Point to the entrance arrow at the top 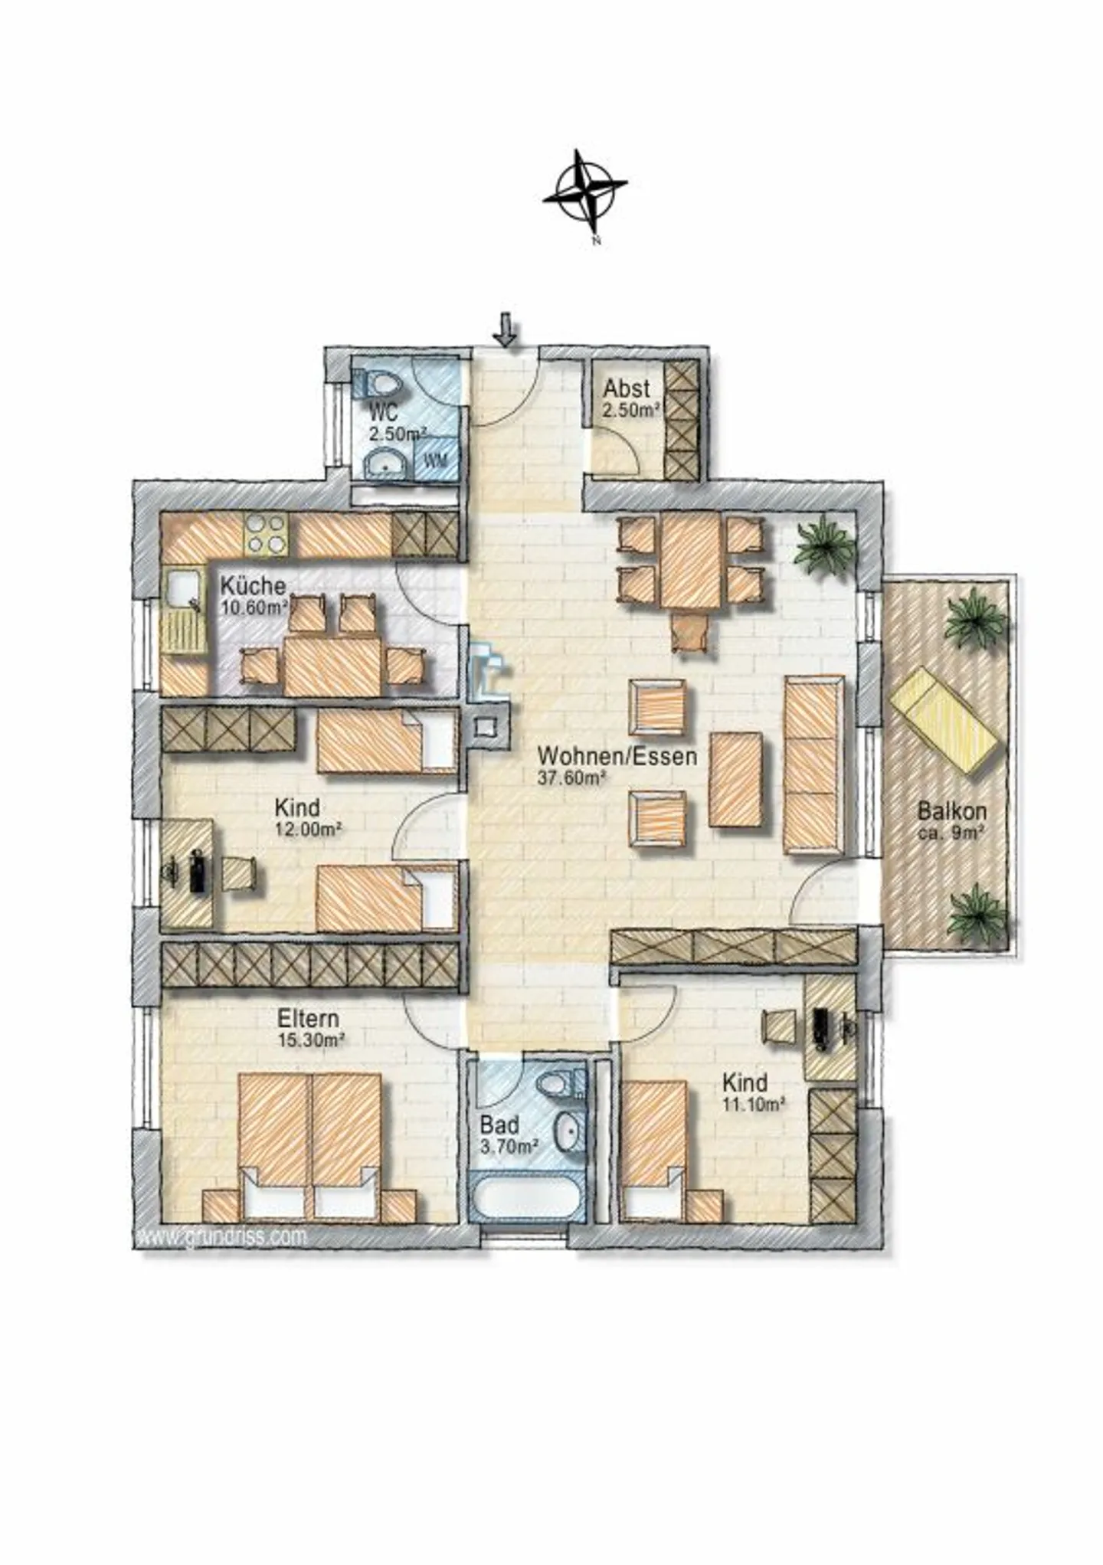point(505,330)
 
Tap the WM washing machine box point(437,460)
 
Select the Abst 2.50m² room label point(630,398)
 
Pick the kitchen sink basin point(183,588)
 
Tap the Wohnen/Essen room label point(617,756)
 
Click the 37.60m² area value point(574,778)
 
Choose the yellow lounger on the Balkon point(943,720)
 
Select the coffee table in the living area point(735,779)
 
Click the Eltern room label point(308,1018)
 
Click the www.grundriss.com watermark point(222,1236)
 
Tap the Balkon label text point(952,810)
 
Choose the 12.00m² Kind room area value point(309,828)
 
